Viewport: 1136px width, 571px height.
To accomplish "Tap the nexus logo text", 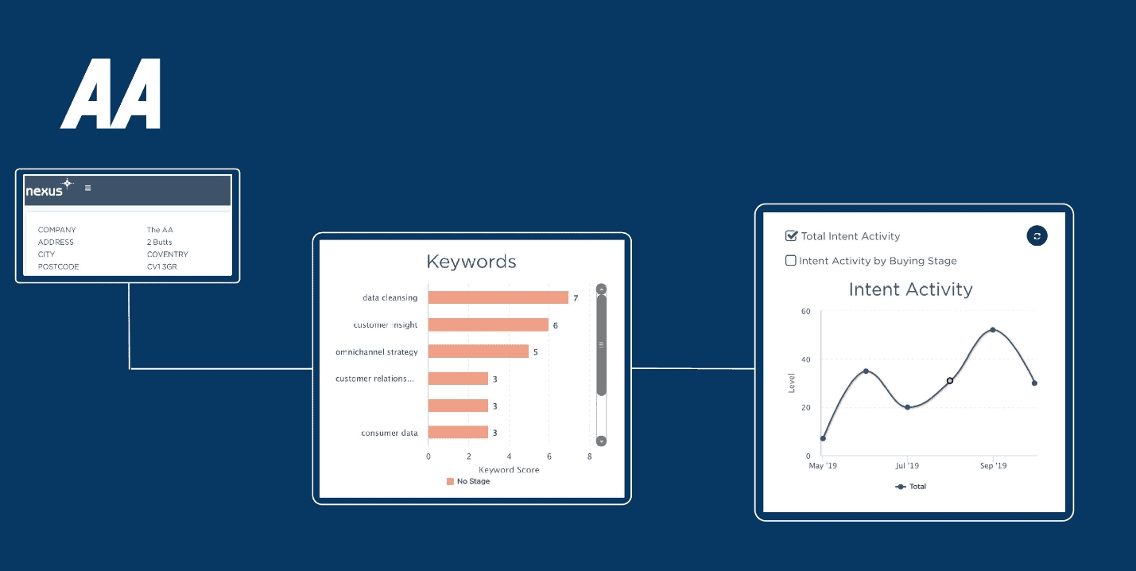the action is click(45, 191).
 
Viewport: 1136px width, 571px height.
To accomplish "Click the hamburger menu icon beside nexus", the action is click(87, 188).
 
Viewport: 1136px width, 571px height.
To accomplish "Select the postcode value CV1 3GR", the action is click(162, 266).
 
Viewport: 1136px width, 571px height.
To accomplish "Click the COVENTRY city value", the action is click(168, 254).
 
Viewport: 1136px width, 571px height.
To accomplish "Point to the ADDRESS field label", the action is click(56, 242).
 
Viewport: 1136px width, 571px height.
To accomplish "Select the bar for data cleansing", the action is click(498, 297).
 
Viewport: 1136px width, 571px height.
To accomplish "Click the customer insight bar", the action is click(488, 324).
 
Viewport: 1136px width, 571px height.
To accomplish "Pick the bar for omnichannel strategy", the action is click(479, 352).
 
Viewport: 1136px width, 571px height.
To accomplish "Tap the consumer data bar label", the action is click(390, 433).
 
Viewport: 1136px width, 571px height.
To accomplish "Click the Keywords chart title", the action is click(471, 262).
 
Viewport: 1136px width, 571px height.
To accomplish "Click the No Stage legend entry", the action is click(468, 481).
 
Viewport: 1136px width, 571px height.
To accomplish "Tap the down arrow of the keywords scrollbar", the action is click(602, 441).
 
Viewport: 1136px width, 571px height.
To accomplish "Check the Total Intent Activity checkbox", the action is click(791, 235).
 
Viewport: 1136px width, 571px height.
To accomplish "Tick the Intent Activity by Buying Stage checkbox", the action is click(791, 260).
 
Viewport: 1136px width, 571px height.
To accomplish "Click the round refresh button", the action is click(1037, 235).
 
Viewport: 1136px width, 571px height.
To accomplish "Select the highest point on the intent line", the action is click(993, 330).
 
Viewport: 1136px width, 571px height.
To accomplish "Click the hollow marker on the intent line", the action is click(950, 381).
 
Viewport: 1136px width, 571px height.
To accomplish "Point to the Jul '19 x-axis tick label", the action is click(907, 465).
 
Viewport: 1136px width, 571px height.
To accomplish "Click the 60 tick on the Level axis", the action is click(806, 311).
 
